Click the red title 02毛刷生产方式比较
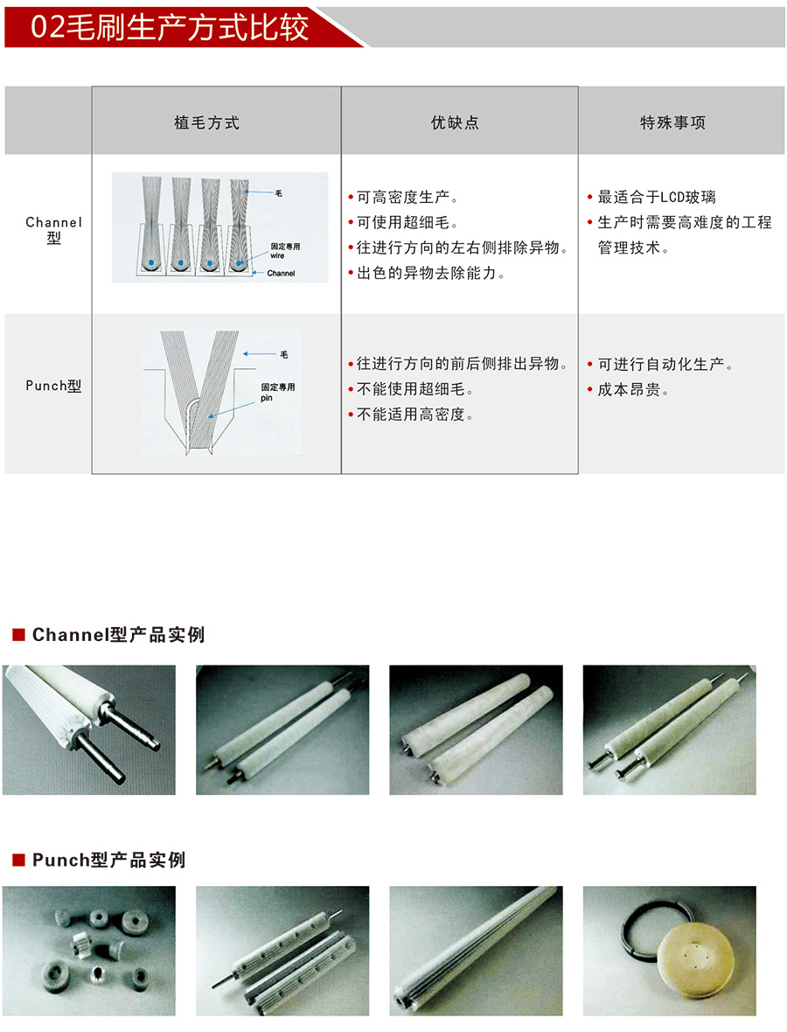click(x=170, y=27)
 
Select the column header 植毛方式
click(x=206, y=122)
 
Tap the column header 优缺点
click(x=455, y=122)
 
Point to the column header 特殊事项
click(x=672, y=122)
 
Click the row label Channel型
click(x=54, y=230)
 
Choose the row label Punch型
click(x=54, y=386)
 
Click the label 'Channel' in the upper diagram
click(x=281, y=273)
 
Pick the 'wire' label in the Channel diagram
click(x=277, y=255)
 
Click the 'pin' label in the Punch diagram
click(x=267, y=398)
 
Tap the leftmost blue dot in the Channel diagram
click(x=151, y=262)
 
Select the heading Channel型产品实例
click(x=118, y=634)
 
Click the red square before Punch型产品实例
click(x=18, y=860)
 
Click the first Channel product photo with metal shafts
click(x=89, y=730)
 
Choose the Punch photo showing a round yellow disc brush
click(x=669, y=951)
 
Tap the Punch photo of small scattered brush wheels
click(x=89, y=951)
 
